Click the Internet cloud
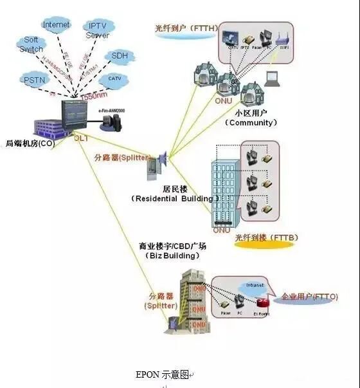tap(56, 24)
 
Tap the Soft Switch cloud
tap(31, 44)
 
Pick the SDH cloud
tap(120, 56)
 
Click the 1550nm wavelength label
tap(93, 95)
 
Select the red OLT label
tap(81, 138)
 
